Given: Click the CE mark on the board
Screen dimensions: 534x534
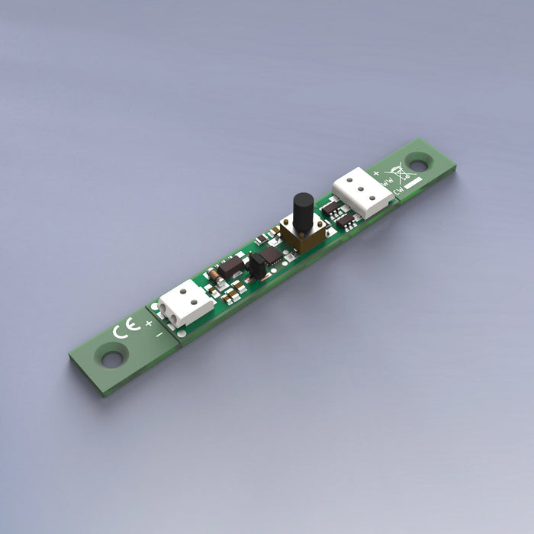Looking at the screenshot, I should [x=125, y=330].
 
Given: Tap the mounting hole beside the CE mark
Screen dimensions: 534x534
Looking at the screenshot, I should [x=112, y=356].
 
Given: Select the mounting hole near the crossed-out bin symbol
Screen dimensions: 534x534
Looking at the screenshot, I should [x=417, y=162].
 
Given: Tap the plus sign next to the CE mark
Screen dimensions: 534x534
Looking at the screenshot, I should [x=148, y=323].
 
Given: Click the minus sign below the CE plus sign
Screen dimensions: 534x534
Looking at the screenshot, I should [x=159, y=333].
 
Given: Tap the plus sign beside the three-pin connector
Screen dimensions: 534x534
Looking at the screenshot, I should [x=376, y=173].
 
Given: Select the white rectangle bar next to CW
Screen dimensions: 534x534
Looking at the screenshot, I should [x=413, y=183].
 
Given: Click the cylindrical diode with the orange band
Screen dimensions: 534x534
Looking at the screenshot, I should [x=216, y=272].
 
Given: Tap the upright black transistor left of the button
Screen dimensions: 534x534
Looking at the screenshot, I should [x=258, y=264].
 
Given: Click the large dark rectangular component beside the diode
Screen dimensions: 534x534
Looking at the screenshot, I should [x=233, y=266].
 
